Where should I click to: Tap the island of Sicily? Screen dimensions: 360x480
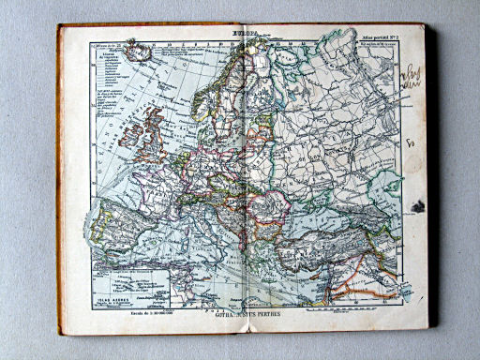click(x=240, y=272)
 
